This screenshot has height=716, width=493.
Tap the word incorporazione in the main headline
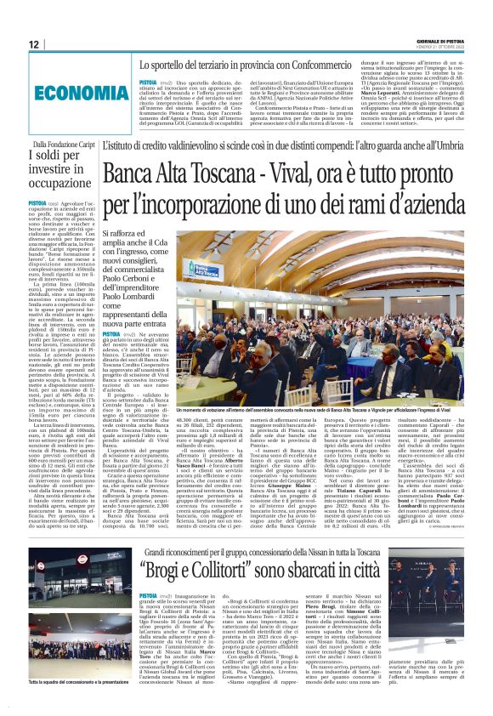[x=224, y=207]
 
